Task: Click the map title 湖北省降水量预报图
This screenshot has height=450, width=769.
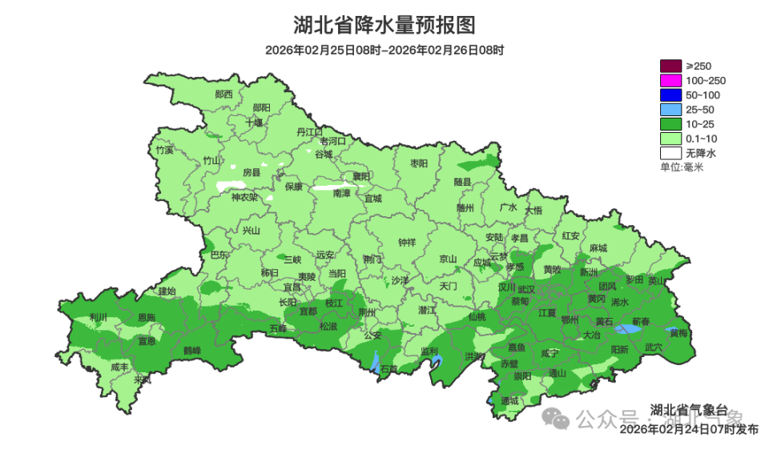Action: tap(384, 26)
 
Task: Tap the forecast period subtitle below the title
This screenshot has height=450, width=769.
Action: tap(384, 50)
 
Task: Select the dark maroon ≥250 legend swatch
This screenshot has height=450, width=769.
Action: tap(670, 66)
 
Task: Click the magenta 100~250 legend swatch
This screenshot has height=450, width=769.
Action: tap(670, 80)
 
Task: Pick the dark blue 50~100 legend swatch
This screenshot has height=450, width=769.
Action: tap(670, 94)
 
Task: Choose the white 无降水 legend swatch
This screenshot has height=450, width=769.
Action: tap(670, 152)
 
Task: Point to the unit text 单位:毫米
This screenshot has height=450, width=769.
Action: tap(681, 167)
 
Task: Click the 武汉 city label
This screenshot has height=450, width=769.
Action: tap(526, 288)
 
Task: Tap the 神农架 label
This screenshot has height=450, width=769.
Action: tap(244, 197)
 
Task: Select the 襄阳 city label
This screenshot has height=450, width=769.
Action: tap(362, 176)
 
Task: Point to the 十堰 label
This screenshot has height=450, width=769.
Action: tap(254, 123)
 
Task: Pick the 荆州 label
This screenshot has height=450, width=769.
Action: tap(367, 311)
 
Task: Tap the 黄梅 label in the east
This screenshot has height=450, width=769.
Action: tap(678, 332)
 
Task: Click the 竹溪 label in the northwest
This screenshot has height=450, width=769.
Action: tap(164, 150)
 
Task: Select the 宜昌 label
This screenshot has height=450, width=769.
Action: tap(292, 286)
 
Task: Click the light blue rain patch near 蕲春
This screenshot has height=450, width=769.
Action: tap(629, 328)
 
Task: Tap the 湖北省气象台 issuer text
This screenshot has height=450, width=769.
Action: tap(688, 411)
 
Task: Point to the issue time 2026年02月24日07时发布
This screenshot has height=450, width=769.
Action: tap(688, 429)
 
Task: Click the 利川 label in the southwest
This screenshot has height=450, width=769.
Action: tap(99, 317)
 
